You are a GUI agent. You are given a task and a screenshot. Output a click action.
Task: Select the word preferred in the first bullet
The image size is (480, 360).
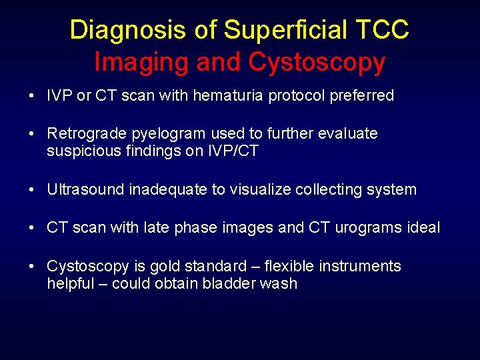[359, 95]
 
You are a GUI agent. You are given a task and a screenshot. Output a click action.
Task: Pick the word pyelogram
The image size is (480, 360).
[159, 134]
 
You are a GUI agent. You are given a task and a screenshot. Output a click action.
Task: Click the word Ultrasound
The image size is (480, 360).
[85, 189]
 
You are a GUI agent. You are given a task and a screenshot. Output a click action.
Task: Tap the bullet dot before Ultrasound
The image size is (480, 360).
[33, 190]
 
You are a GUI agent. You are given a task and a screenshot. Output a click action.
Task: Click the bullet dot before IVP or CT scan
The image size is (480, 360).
[33, 96]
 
